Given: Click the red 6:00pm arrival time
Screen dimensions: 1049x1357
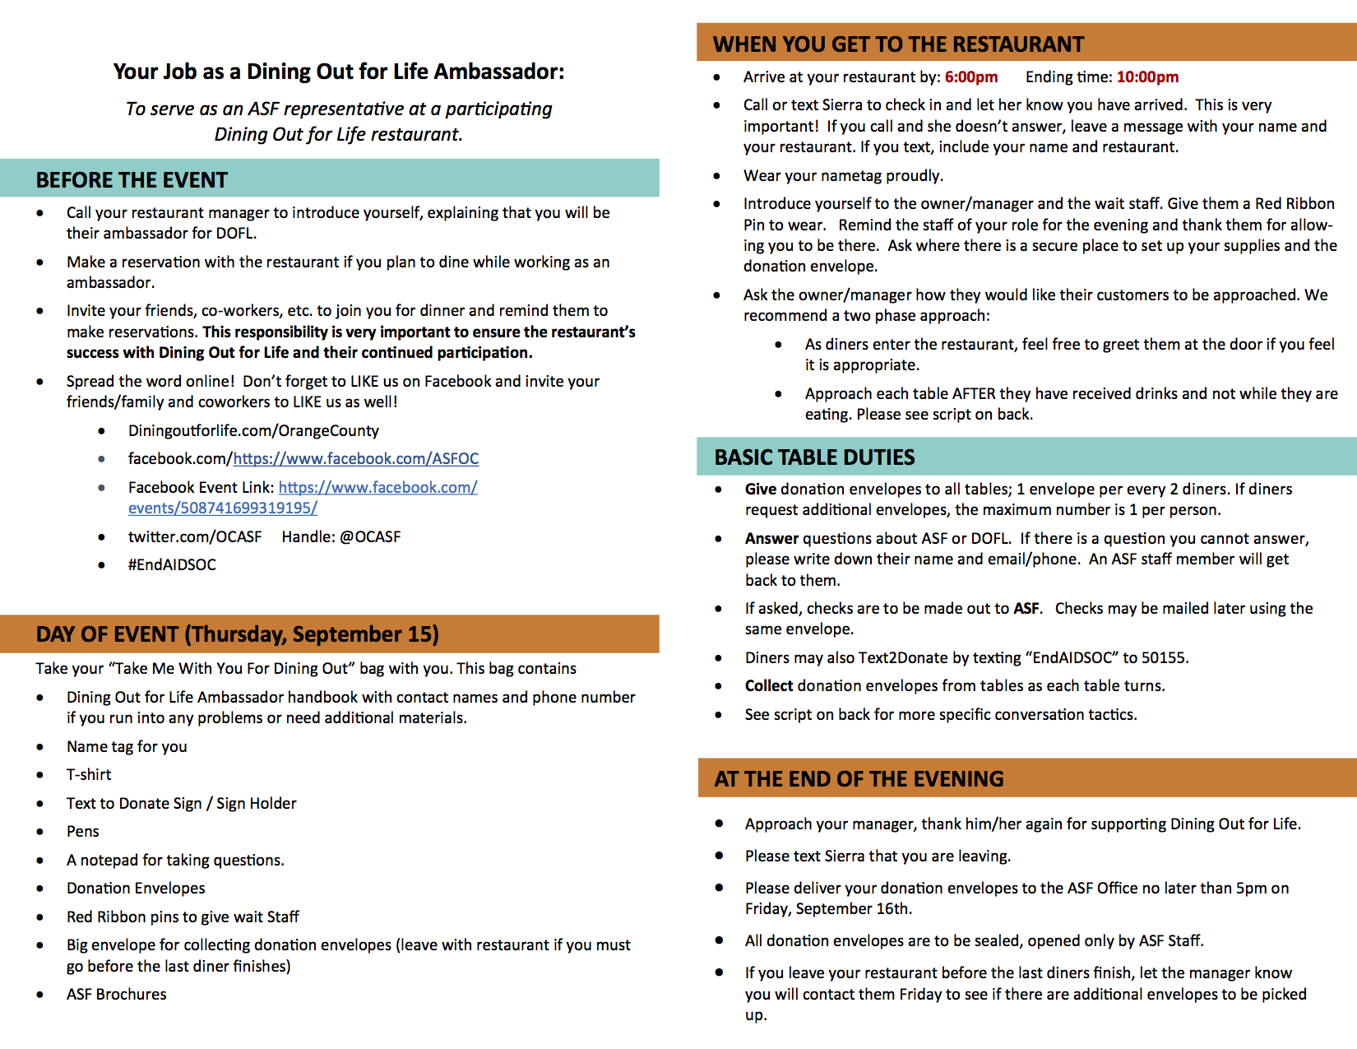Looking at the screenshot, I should pyautogui.click(x=970, y=77).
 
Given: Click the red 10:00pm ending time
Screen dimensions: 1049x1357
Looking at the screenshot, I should pyautogui.click(x=1147, y=77).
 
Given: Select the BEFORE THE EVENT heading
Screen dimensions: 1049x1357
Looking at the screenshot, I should pyautogui.click(x=132, y=180).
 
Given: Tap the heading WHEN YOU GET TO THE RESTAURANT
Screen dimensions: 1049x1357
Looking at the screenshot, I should pyautogui.click(x=898, y=44).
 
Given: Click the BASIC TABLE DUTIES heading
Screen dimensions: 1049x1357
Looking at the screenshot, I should pyautogui.click(x=814, y=457).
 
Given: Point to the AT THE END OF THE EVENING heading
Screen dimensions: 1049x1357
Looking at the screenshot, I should pyautogui.click(x=859, y=779).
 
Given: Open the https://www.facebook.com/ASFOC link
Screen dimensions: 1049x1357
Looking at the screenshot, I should pyautogui.click(x=355, y=459).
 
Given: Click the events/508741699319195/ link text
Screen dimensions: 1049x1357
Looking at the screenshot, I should pyautogui.click(x=222, y=508).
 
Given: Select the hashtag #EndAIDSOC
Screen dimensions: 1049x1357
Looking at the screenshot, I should pyautogui.click(x=172, y=565).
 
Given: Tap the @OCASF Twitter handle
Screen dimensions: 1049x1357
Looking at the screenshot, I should pyautogui.click(x=370, y=537).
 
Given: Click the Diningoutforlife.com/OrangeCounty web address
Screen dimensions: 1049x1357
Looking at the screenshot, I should pyautogui.click(x=253, y=431).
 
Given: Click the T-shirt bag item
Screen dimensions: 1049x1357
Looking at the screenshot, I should pyautogui.click(x=89, y=775).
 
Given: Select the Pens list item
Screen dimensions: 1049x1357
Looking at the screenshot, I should pyautogui.click(x=83, y=832).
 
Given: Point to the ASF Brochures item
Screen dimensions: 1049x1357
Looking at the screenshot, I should pyautogui.click(x=117, y=995).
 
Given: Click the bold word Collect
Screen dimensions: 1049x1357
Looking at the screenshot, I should pyautogui.click(x=769, y=686).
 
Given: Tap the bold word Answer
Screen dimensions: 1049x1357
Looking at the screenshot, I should pyautogui.click(x=771, y=539).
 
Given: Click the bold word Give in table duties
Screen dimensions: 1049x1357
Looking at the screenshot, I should pyautogui.click(x=761, y=490).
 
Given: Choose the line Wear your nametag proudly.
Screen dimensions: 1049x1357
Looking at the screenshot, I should pyautogui.click(x=843, y=176).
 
